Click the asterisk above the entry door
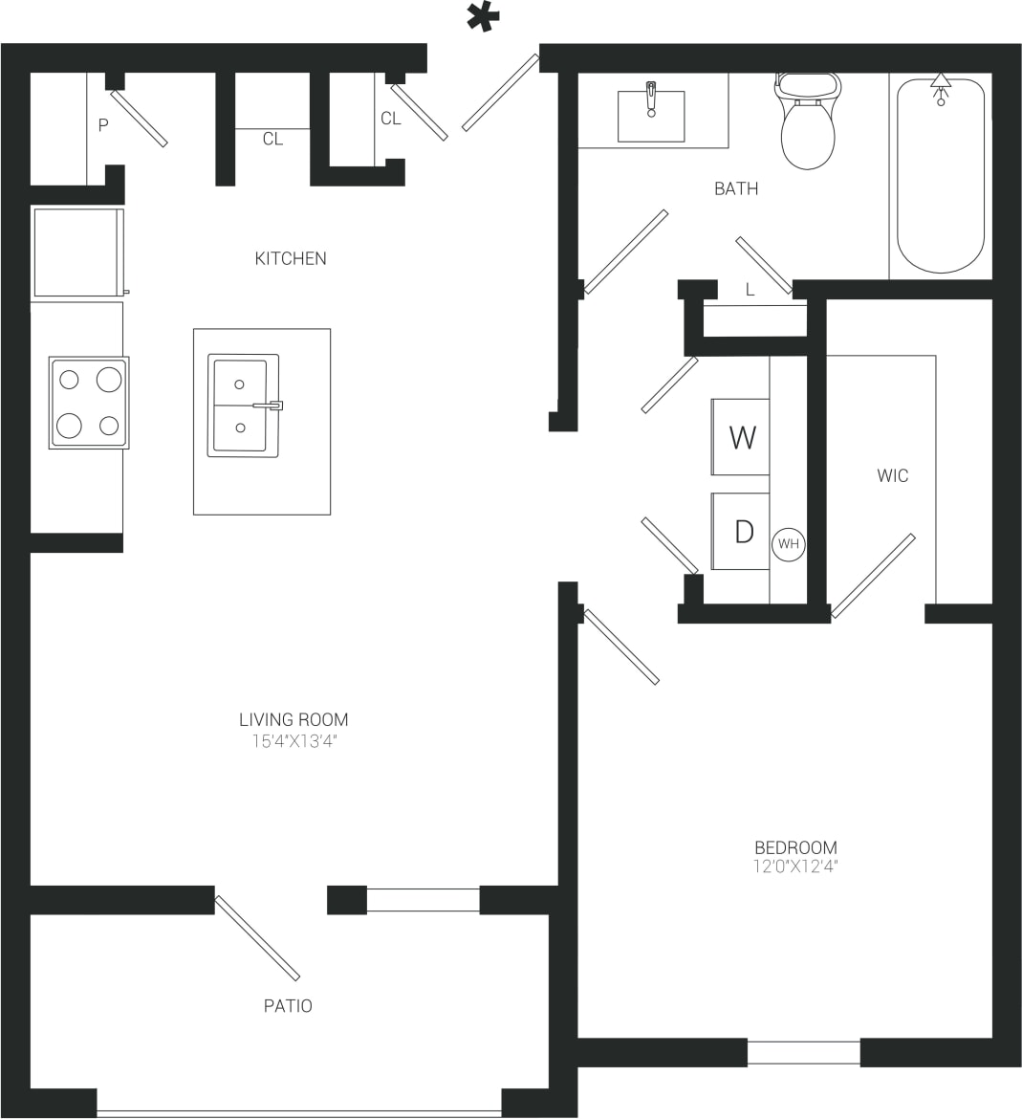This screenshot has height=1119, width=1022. (x=483, y=18)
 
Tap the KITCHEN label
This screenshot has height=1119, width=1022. (x=291, y=258)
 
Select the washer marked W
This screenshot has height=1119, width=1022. (x=741, y=437)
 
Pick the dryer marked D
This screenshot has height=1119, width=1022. (x=741, y=532)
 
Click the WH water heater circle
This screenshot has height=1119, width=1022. (x=788, y=544)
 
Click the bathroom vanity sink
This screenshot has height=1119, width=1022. (x=651, y=116)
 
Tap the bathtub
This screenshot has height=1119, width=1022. (x=940, y=176)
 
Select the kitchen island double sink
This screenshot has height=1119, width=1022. (x=243, y=406)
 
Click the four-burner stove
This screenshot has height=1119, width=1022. (x=89, y=403)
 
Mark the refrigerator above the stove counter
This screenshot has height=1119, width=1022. (x=78, y=252)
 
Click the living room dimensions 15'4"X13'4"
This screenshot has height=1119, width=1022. (x=293, y=741)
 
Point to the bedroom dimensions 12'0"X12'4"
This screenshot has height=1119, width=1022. (x=795, y=867)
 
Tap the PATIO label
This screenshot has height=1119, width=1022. (x=288, y=1006)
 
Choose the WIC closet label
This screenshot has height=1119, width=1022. (x=892, y=475)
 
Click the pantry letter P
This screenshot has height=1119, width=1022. (x=103, y=125)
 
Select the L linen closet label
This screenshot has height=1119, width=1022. (x=750, y=290)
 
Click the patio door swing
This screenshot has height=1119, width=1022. (x=257, y=938)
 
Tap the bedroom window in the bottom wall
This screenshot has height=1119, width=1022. (x=803, y=1052)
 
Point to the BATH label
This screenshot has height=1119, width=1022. (x=736, y=188)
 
